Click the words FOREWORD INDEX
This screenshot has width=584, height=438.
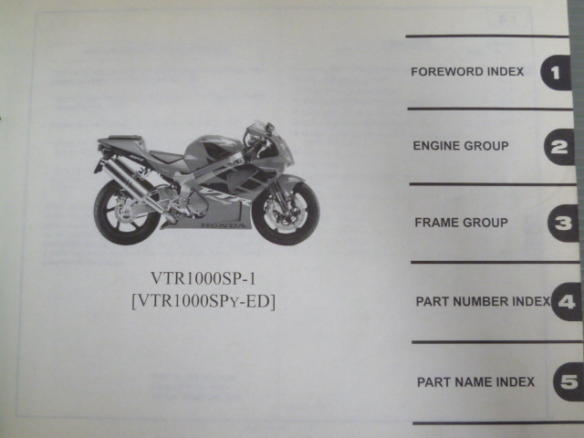(x=467, y=72)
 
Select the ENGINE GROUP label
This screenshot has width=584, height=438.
(x=461, y=146)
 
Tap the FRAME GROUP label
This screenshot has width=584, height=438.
(x=461, y=223)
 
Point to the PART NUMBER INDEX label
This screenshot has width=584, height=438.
(x=482, y=300)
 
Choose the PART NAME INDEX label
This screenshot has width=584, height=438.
(x=475, y=381)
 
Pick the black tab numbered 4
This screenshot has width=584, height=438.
(x=566, y=301)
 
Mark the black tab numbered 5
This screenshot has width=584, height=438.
(x=568, y=381)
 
